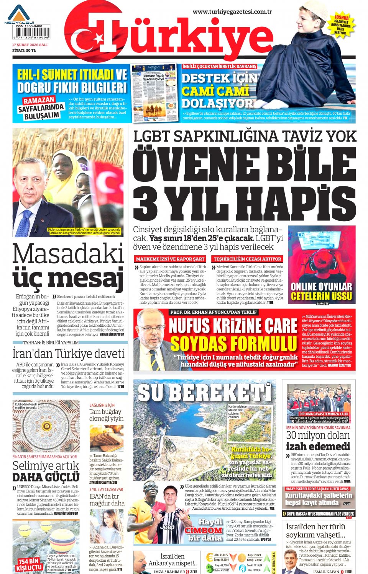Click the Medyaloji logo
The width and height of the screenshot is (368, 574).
pos(19,15)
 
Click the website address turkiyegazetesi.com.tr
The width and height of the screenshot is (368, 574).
pos(232,11)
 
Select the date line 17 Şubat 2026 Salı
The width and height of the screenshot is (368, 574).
pos(30,45)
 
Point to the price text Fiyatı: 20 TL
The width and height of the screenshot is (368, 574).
pos(24,50)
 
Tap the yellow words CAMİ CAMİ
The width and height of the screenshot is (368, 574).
pos(215,91)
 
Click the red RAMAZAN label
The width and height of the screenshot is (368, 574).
pos(38,101)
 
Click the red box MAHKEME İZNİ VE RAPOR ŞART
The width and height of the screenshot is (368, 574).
pos(170,259)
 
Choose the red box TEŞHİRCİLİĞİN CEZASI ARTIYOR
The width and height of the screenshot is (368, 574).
pos(248,259)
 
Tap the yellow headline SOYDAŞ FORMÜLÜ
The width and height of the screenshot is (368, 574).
pos(233,343)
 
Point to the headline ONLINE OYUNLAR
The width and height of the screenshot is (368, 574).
pos(321,287)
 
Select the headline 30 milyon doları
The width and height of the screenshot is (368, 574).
pos(318,435)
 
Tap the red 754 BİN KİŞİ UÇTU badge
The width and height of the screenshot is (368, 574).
pos(29,564)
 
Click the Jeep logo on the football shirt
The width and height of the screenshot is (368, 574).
pos(167,527)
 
